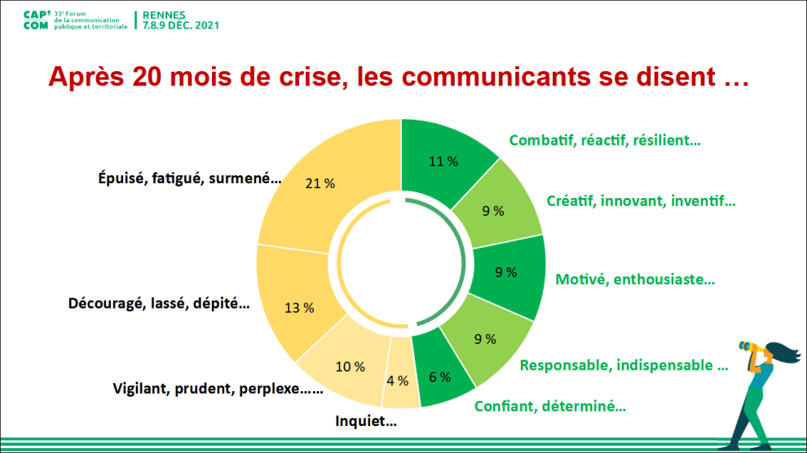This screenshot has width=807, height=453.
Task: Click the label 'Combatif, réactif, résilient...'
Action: point(605,140)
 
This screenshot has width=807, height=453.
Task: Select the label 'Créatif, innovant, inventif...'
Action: point(641,200)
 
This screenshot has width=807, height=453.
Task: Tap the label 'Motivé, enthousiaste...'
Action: point(635,279)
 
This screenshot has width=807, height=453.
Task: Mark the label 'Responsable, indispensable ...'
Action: point(624,365)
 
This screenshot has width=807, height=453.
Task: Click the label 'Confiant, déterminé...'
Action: point(550,406)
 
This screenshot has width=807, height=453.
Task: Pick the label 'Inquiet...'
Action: point(366,421)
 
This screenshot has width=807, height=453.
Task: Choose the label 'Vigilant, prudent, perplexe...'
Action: point(218,389)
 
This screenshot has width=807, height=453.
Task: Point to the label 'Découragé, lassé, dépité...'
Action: point(159,304)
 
